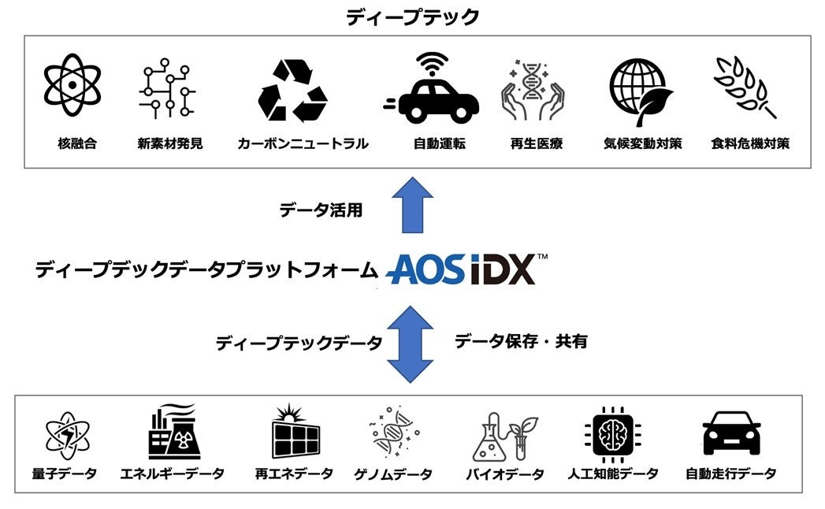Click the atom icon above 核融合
(72, 84)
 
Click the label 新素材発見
(169, 143)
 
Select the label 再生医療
(536, 143)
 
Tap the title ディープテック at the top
(412, 17)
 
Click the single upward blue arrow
(412, 204)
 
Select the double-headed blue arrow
(412, 344)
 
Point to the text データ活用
(321, 210)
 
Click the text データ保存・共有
(521, 341)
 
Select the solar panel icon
(295, 433)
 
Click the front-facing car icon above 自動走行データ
(731, 433)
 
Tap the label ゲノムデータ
(392, 474)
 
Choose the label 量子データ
(65, 474)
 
